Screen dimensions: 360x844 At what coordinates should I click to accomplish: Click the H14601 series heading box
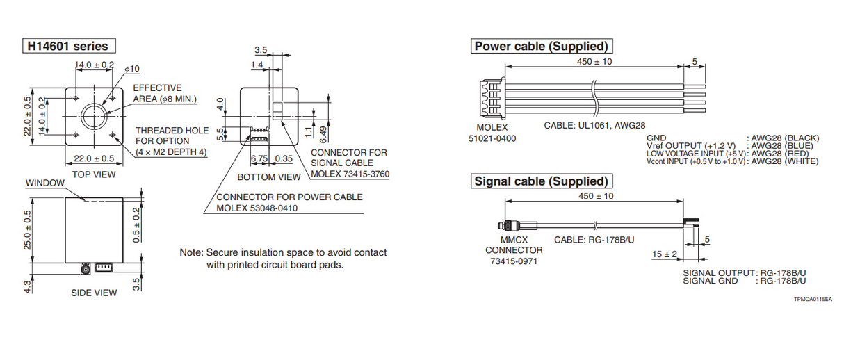tap(67, 47)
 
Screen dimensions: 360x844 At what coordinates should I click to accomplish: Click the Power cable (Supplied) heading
tap(541, 47)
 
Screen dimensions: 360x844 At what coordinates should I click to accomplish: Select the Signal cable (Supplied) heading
tap(541, 181)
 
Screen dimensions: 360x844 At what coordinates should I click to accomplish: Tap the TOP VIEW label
tap(94, 174)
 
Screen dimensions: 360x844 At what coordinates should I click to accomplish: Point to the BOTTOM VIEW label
tap(269, 177)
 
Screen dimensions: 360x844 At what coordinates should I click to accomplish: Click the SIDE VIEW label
tap(94, 293)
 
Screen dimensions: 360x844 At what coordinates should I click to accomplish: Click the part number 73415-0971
tap(514, 261)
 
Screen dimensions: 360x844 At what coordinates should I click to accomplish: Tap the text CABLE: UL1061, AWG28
tap(594, 126)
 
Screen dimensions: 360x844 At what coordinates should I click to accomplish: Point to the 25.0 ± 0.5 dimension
tap(29, 231)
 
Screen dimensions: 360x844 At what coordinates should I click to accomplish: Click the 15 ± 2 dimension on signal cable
tap(665, 254)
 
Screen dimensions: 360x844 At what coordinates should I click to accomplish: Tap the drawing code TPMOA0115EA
tap(812, 298)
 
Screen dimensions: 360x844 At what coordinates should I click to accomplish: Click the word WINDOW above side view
tap(44, 183)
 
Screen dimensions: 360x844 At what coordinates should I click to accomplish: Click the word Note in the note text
tap(190, 252)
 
